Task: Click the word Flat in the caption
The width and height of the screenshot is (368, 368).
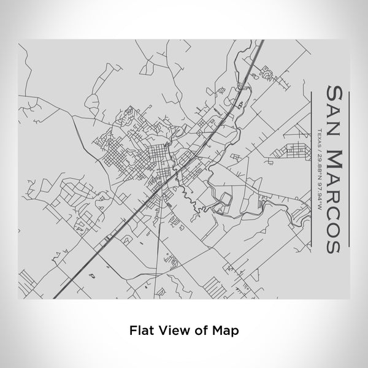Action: click(x=141, y=329)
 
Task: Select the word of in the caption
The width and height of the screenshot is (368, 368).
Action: click(x=199, y=329)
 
